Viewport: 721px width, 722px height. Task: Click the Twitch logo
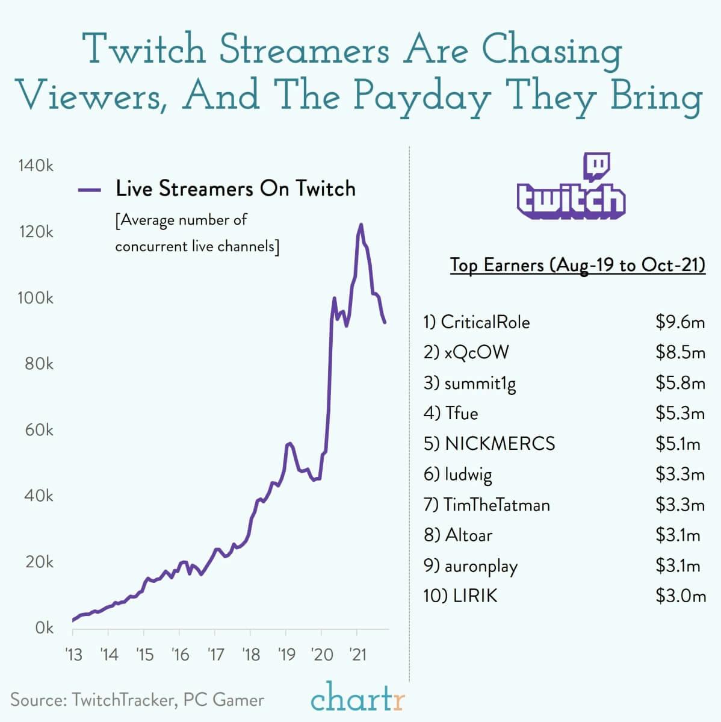point(571,186)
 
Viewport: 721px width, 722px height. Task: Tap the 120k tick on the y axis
point(36,232)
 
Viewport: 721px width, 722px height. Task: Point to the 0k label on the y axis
point(44,628)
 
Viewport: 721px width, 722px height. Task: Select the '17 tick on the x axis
point(215,654)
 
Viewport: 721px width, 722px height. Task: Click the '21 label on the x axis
point(357,654)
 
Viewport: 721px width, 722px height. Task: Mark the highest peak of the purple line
point(361,225)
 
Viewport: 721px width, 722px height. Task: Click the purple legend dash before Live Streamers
point(89,190)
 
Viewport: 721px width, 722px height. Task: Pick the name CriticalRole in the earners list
point(485,322)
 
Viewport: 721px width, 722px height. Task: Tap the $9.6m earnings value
point(680,322)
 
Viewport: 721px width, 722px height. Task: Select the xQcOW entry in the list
point(477,352)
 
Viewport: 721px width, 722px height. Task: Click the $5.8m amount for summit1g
point(680,383)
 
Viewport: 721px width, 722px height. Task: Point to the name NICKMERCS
point(500,444)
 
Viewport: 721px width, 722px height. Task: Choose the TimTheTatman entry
point(497,505)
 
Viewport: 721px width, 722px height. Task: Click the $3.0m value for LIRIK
point(680,596)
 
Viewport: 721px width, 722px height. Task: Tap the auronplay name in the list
point(481,566)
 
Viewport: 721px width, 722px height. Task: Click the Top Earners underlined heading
point(577,265)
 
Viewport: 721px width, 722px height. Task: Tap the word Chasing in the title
point(552,51)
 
